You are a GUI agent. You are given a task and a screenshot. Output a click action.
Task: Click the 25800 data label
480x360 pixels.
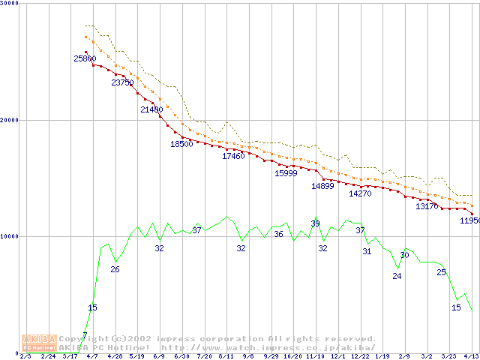click(85, 58)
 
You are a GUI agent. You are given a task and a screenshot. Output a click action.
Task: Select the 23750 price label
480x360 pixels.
click(122, 82)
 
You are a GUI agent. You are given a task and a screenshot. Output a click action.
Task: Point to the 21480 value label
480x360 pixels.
click(151, 109)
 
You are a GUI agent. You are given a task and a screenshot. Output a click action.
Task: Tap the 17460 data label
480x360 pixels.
click(233, 156)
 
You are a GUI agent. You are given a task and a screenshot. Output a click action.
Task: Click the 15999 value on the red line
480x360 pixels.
click(286, 173)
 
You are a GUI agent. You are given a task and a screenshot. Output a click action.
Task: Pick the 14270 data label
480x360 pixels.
click(360, 193)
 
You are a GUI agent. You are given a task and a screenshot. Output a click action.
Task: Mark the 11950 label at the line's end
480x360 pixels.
click(470, 220)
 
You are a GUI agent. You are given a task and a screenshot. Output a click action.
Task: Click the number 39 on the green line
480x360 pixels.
click(315, 223)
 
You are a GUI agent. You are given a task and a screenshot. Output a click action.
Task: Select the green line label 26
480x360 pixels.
click(115, 269)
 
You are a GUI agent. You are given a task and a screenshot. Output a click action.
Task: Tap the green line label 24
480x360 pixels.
click(397, 276)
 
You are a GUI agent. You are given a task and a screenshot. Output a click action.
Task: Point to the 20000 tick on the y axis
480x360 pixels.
click(8, 120)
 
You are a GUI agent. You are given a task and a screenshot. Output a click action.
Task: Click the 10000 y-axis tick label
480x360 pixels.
click(8, 236)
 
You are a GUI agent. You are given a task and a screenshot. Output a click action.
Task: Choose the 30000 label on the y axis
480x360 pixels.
click(8, 4)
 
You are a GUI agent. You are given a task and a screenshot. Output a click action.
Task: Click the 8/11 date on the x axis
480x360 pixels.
click(226, 356)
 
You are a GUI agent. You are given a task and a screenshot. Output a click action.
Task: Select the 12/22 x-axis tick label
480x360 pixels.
click(360, 356)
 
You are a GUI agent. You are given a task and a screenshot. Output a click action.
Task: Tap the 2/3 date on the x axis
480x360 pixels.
click(25, 356)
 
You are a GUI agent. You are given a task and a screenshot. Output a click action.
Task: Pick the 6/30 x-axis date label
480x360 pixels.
click(181, 356)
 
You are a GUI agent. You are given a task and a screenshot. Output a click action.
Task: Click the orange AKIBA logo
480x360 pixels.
click(40, 342)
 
